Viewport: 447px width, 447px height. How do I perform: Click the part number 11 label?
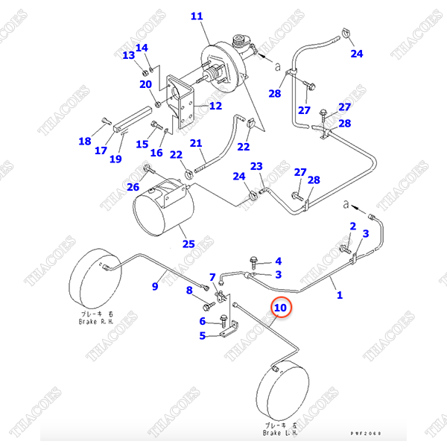[196, 16]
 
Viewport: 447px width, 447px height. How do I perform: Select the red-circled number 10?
[280, 307]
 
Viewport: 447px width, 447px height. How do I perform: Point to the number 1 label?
[340, 296]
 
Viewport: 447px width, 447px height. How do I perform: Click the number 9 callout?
[156, 285]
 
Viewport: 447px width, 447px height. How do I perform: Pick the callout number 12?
[215, 106]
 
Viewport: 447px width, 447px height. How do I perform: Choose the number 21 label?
[196, 143]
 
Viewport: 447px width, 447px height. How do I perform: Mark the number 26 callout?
[133, 187]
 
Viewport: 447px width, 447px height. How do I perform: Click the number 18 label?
[85, 142]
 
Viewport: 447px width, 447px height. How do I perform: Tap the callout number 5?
[201, 335]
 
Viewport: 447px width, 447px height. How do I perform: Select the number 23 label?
[256, 166]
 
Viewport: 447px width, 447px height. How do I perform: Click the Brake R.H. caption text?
[97, 318]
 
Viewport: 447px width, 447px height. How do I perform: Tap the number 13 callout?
[128, 55]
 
